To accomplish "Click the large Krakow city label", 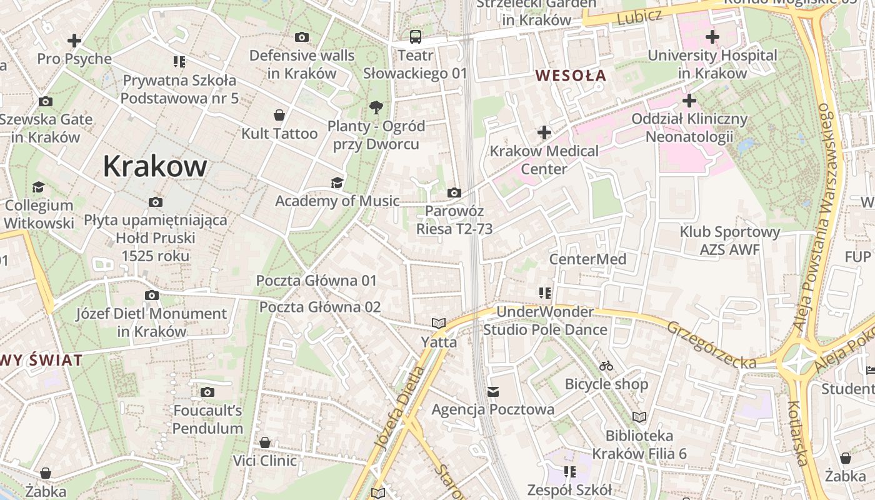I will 154,166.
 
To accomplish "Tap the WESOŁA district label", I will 571,76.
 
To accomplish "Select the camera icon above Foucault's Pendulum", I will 207,392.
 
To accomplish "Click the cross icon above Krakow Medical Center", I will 544,132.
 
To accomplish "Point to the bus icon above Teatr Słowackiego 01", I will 416,36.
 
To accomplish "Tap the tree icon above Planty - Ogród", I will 376,107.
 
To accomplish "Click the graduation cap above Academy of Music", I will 337,182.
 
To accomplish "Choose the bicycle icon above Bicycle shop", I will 606,366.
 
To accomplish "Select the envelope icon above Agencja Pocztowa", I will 493,392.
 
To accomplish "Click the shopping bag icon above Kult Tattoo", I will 279,115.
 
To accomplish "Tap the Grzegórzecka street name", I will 712,345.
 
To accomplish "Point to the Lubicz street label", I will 639,17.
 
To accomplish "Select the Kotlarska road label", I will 797,433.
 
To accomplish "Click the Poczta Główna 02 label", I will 320,307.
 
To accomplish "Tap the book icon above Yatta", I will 439,323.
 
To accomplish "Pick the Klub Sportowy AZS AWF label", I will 730,241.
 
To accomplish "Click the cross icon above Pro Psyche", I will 74,41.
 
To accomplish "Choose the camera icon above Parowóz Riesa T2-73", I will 454,192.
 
